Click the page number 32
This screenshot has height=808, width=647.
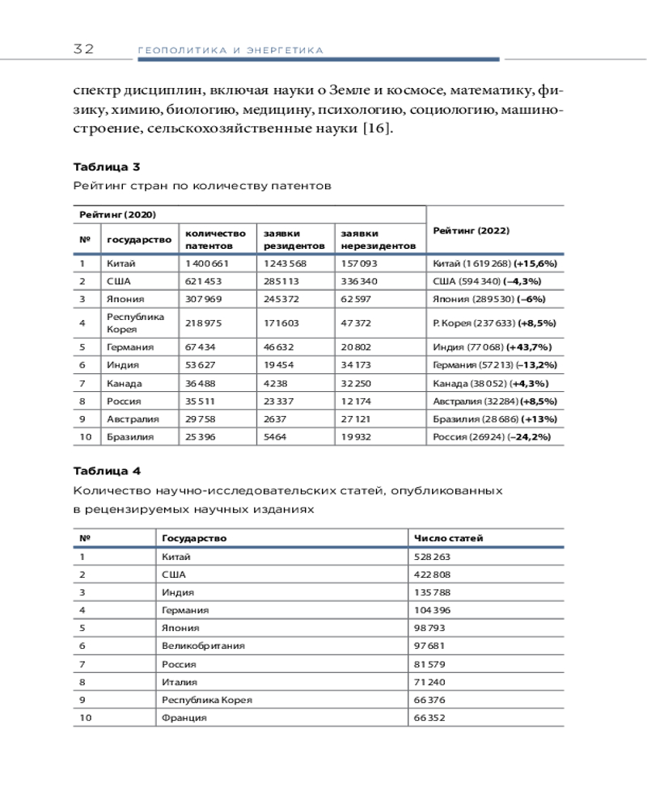click(83, 49)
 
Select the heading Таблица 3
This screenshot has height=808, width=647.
click(107, 167)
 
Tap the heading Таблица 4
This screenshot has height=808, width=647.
click(107, 471)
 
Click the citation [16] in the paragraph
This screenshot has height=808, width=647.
click(375, 128)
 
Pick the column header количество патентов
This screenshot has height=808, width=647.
click(215, 238)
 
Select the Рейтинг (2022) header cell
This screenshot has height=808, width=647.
click(471, 230)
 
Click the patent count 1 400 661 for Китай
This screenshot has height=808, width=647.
click(208, 263)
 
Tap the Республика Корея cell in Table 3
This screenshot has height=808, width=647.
click(135, 322)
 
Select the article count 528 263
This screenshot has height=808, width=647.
click(432, 557)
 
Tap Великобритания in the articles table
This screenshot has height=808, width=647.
click(203, 646)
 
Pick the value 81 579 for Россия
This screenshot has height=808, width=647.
click(430, 664)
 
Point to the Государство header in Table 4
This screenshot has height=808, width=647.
click(194, 538)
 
